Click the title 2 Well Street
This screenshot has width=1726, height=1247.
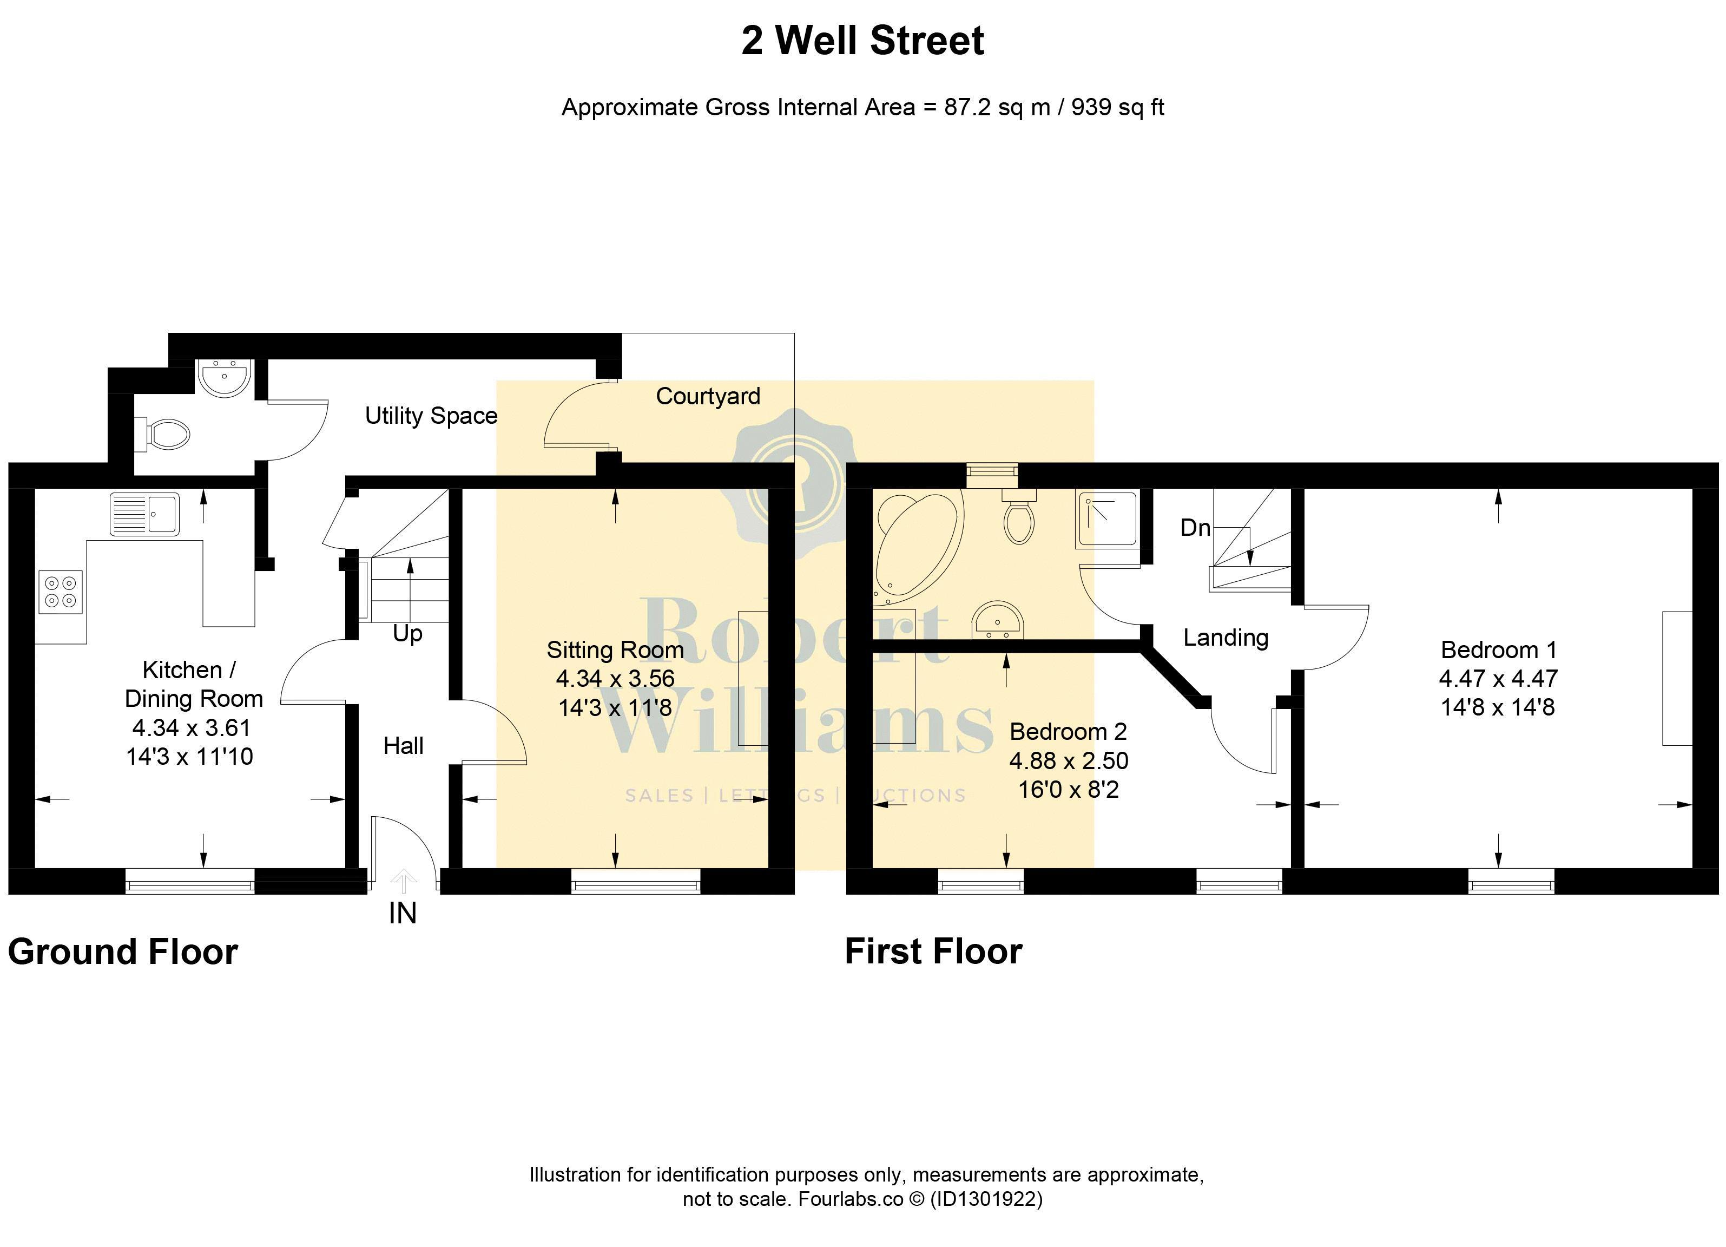click(862, 41)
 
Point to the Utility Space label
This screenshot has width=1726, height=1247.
click(431, 416)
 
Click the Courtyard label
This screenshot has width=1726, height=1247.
click(708, 396)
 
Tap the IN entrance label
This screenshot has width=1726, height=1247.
click(403, 914)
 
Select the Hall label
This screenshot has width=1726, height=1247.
click(403, 745)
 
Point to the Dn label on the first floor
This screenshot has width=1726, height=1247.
click(1195, 528)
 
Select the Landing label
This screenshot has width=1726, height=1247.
click(1226, 637)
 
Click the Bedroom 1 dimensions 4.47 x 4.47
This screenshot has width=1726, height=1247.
click(1498, 678)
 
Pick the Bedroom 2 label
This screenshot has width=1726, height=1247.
click(1068, 732)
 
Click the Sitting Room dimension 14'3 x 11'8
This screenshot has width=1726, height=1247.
click(615, 708)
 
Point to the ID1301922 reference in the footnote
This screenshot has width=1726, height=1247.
click(986, 1199)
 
